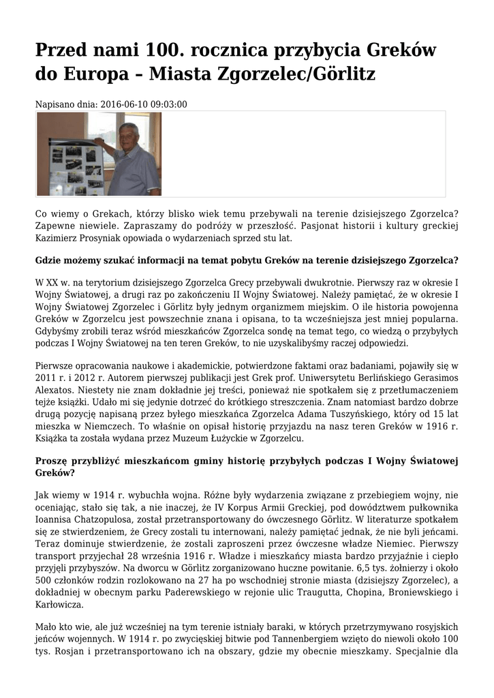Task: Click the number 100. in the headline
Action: (165, 50)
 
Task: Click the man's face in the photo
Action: (128, 134)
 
